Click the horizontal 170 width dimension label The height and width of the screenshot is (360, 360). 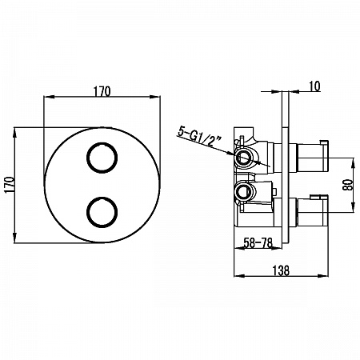[102, 91]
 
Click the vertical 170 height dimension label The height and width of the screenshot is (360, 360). [10, 185]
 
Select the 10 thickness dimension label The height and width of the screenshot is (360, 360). [314, 86]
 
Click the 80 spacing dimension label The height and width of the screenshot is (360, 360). [348, 185]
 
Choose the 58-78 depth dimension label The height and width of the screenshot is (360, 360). [258, 242]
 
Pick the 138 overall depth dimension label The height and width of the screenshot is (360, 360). [281, 270]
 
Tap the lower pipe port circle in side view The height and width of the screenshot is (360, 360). [243, 191]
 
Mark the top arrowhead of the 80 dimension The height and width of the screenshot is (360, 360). [353, 162]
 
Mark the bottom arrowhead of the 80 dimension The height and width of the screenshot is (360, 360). [353, 208]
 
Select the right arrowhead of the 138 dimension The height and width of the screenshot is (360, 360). [324, 276]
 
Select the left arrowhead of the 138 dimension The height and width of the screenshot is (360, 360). [239, 276]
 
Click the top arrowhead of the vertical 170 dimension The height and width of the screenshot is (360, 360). [14, 134]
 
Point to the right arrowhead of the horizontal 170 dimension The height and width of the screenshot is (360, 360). [155, 97]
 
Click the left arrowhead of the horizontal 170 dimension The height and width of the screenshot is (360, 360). [49, 97]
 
